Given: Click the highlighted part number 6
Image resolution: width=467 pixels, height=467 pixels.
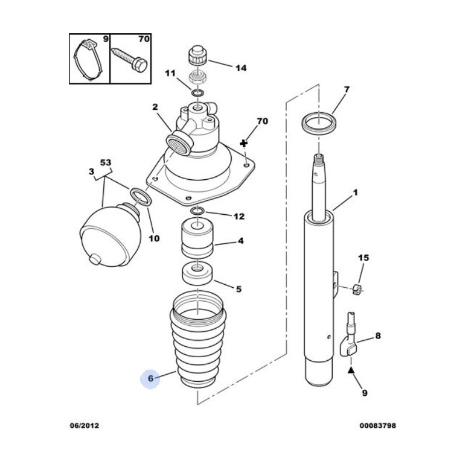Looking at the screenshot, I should pyautogui.click(x=150, y=379).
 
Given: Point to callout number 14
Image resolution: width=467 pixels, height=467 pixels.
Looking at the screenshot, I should pyautogui.click(x=241, y=68).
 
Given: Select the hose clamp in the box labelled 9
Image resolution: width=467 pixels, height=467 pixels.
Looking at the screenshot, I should pyautogui.click(x=88, y=59).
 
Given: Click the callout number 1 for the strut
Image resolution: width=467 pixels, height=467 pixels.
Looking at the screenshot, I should pyautogui.click(x=356, y=193).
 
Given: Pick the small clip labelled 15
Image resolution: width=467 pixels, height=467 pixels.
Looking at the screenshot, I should pyautogui.click(x=358, y=287).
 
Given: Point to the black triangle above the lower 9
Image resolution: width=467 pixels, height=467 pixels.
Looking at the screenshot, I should pyautogui.click(x=351, y=370).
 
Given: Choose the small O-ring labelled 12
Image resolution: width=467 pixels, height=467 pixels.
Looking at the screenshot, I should pyautogui.click(x=197, y=211).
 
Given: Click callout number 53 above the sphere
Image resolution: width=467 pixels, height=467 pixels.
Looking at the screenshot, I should pyautogui.click(x=105, y=162).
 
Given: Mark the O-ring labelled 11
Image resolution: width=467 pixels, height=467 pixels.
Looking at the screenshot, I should pyautogui.click(x=198, y=93).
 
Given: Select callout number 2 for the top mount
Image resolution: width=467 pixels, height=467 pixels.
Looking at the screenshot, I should pyautogui.click(x=155, y=107).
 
